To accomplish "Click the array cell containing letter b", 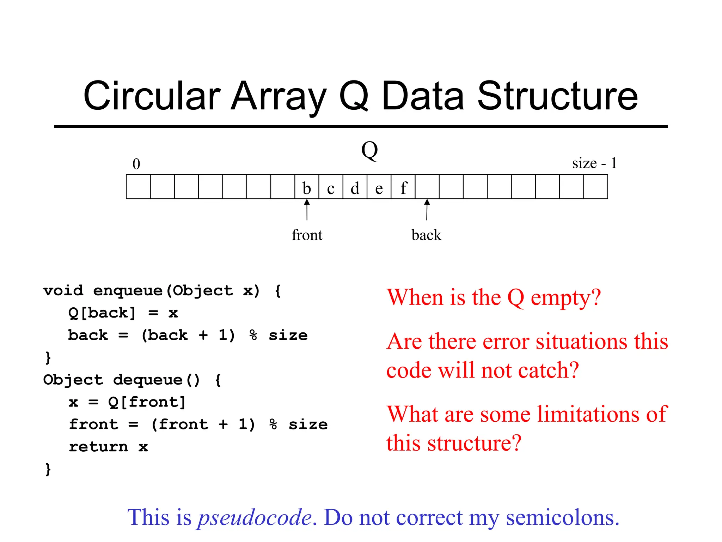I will tap(307, 187).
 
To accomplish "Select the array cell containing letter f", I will tap(403, 187).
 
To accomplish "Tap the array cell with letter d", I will tap(355, 187).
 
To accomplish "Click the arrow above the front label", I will tap(307, 210).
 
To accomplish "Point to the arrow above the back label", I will tap(427, 210).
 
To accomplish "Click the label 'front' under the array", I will tap(307, 235).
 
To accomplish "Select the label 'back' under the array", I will tap(426, 235).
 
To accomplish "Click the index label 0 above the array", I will tap(136, 164).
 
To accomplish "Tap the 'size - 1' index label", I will tap(594, 163).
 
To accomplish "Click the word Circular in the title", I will tap(152, 96).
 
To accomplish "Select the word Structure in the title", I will tap(557, 96).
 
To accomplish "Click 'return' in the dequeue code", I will tap(98, 447).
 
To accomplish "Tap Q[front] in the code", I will tap(147, 402).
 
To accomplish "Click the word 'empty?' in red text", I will tap(565, 298).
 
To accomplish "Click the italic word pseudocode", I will tap(255, 518).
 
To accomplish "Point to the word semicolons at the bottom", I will tap(563, 518).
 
